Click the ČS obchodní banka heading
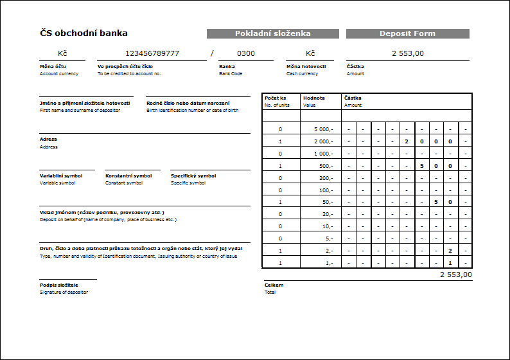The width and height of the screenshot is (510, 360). pyautogui.click(x=84, y=33)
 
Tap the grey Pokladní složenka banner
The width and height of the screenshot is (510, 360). pyautogui.click(x=272, y=33)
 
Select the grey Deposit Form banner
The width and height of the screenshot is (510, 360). pyautogui.click(x=407, y=33)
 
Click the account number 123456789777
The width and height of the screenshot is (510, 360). pyautogui.click(x=152, y=53)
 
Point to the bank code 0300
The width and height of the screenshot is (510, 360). pyautogui.click(x=245, y=53)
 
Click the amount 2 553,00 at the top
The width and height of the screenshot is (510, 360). pyautogui.click(x=407, y=53)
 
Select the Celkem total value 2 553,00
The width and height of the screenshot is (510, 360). pyautogui.click(x=455, y=274)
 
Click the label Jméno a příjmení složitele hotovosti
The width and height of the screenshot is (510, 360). pyautogui.click(x=85, y=103)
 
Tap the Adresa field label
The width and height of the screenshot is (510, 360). pyautogui.click(x=49, y=139)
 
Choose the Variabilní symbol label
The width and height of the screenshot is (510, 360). pyautogui.click(x=61, y=175)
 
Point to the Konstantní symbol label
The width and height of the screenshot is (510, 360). pyautogui.click(x=128, y=175)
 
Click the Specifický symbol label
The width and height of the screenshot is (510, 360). pyautogui.click(x=193, y=175)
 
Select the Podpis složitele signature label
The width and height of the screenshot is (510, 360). pyautogui.click(x=59, y=285)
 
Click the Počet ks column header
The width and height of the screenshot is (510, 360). pyautogui.click(x=275, y=98)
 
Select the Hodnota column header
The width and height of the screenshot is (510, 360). pyautogui.click(x=313, y=98)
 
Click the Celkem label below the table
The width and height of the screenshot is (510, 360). pyautogui.click(x=274, y=285)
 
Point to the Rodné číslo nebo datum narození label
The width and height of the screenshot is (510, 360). pyautogui.click(x=189, y=103)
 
